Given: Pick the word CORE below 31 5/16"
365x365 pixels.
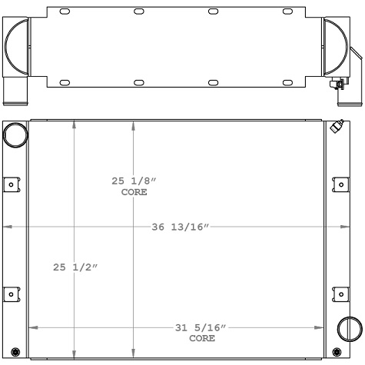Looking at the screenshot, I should pos(202,338).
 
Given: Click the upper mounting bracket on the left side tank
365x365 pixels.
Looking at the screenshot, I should pos(12,184).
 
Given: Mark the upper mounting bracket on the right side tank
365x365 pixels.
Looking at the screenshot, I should pos(338,184).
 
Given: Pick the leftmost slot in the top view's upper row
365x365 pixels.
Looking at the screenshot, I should pos(65,12).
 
